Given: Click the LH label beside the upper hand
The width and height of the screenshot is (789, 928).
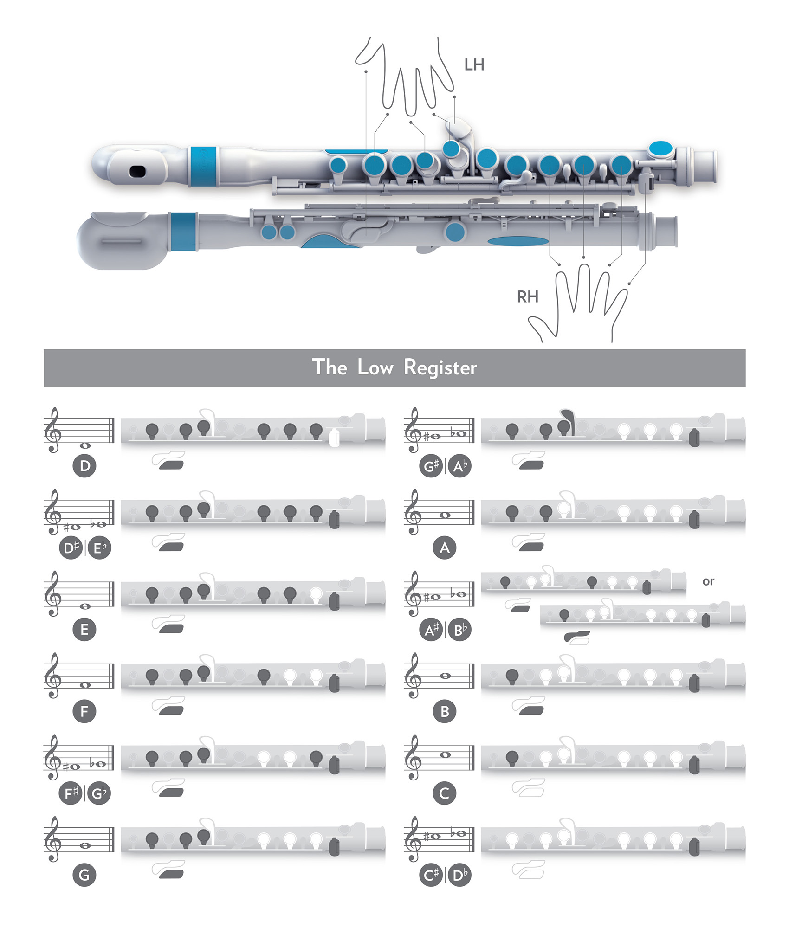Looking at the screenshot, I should (x=474, y=65).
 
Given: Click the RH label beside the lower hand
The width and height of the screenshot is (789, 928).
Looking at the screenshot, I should (x=527, y=296).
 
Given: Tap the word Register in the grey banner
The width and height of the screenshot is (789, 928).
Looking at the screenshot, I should (x=440, y=367).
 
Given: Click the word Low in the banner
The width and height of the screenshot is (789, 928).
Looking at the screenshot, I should (x=375, y=367).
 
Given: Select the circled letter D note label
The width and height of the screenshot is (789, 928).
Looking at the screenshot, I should (x=84, y=466).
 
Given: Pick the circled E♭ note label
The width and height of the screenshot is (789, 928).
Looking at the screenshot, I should (x=99, y=548).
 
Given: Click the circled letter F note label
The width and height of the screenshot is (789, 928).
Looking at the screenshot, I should (x=84, y=711).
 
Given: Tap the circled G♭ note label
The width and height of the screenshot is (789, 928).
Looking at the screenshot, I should (x=99, y=793).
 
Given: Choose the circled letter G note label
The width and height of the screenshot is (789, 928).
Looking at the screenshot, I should (x=84, y=875).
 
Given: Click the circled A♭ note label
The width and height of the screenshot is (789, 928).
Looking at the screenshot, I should (x=459, y=466).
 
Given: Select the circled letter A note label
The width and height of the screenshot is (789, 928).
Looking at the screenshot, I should (x=445, y=548).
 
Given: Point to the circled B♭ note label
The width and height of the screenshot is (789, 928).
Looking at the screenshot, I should (x=459, y=630).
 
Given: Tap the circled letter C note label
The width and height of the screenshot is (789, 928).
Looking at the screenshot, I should (x=445, y=793).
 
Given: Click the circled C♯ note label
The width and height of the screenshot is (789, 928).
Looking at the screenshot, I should (x=431, y=875).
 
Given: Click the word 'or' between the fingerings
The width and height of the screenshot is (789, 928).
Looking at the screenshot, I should (x=708, y=581).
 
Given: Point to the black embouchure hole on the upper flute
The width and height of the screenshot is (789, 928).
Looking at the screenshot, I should (x=137, y=171).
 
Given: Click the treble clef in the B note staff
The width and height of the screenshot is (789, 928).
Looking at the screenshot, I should (x=413, y=675).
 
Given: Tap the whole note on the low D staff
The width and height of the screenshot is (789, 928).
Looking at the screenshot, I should (x=85, y=445).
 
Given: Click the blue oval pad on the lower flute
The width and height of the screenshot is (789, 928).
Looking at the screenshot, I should (x=518, y=241).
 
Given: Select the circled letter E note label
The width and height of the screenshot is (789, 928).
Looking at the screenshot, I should (x=84, y=630).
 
